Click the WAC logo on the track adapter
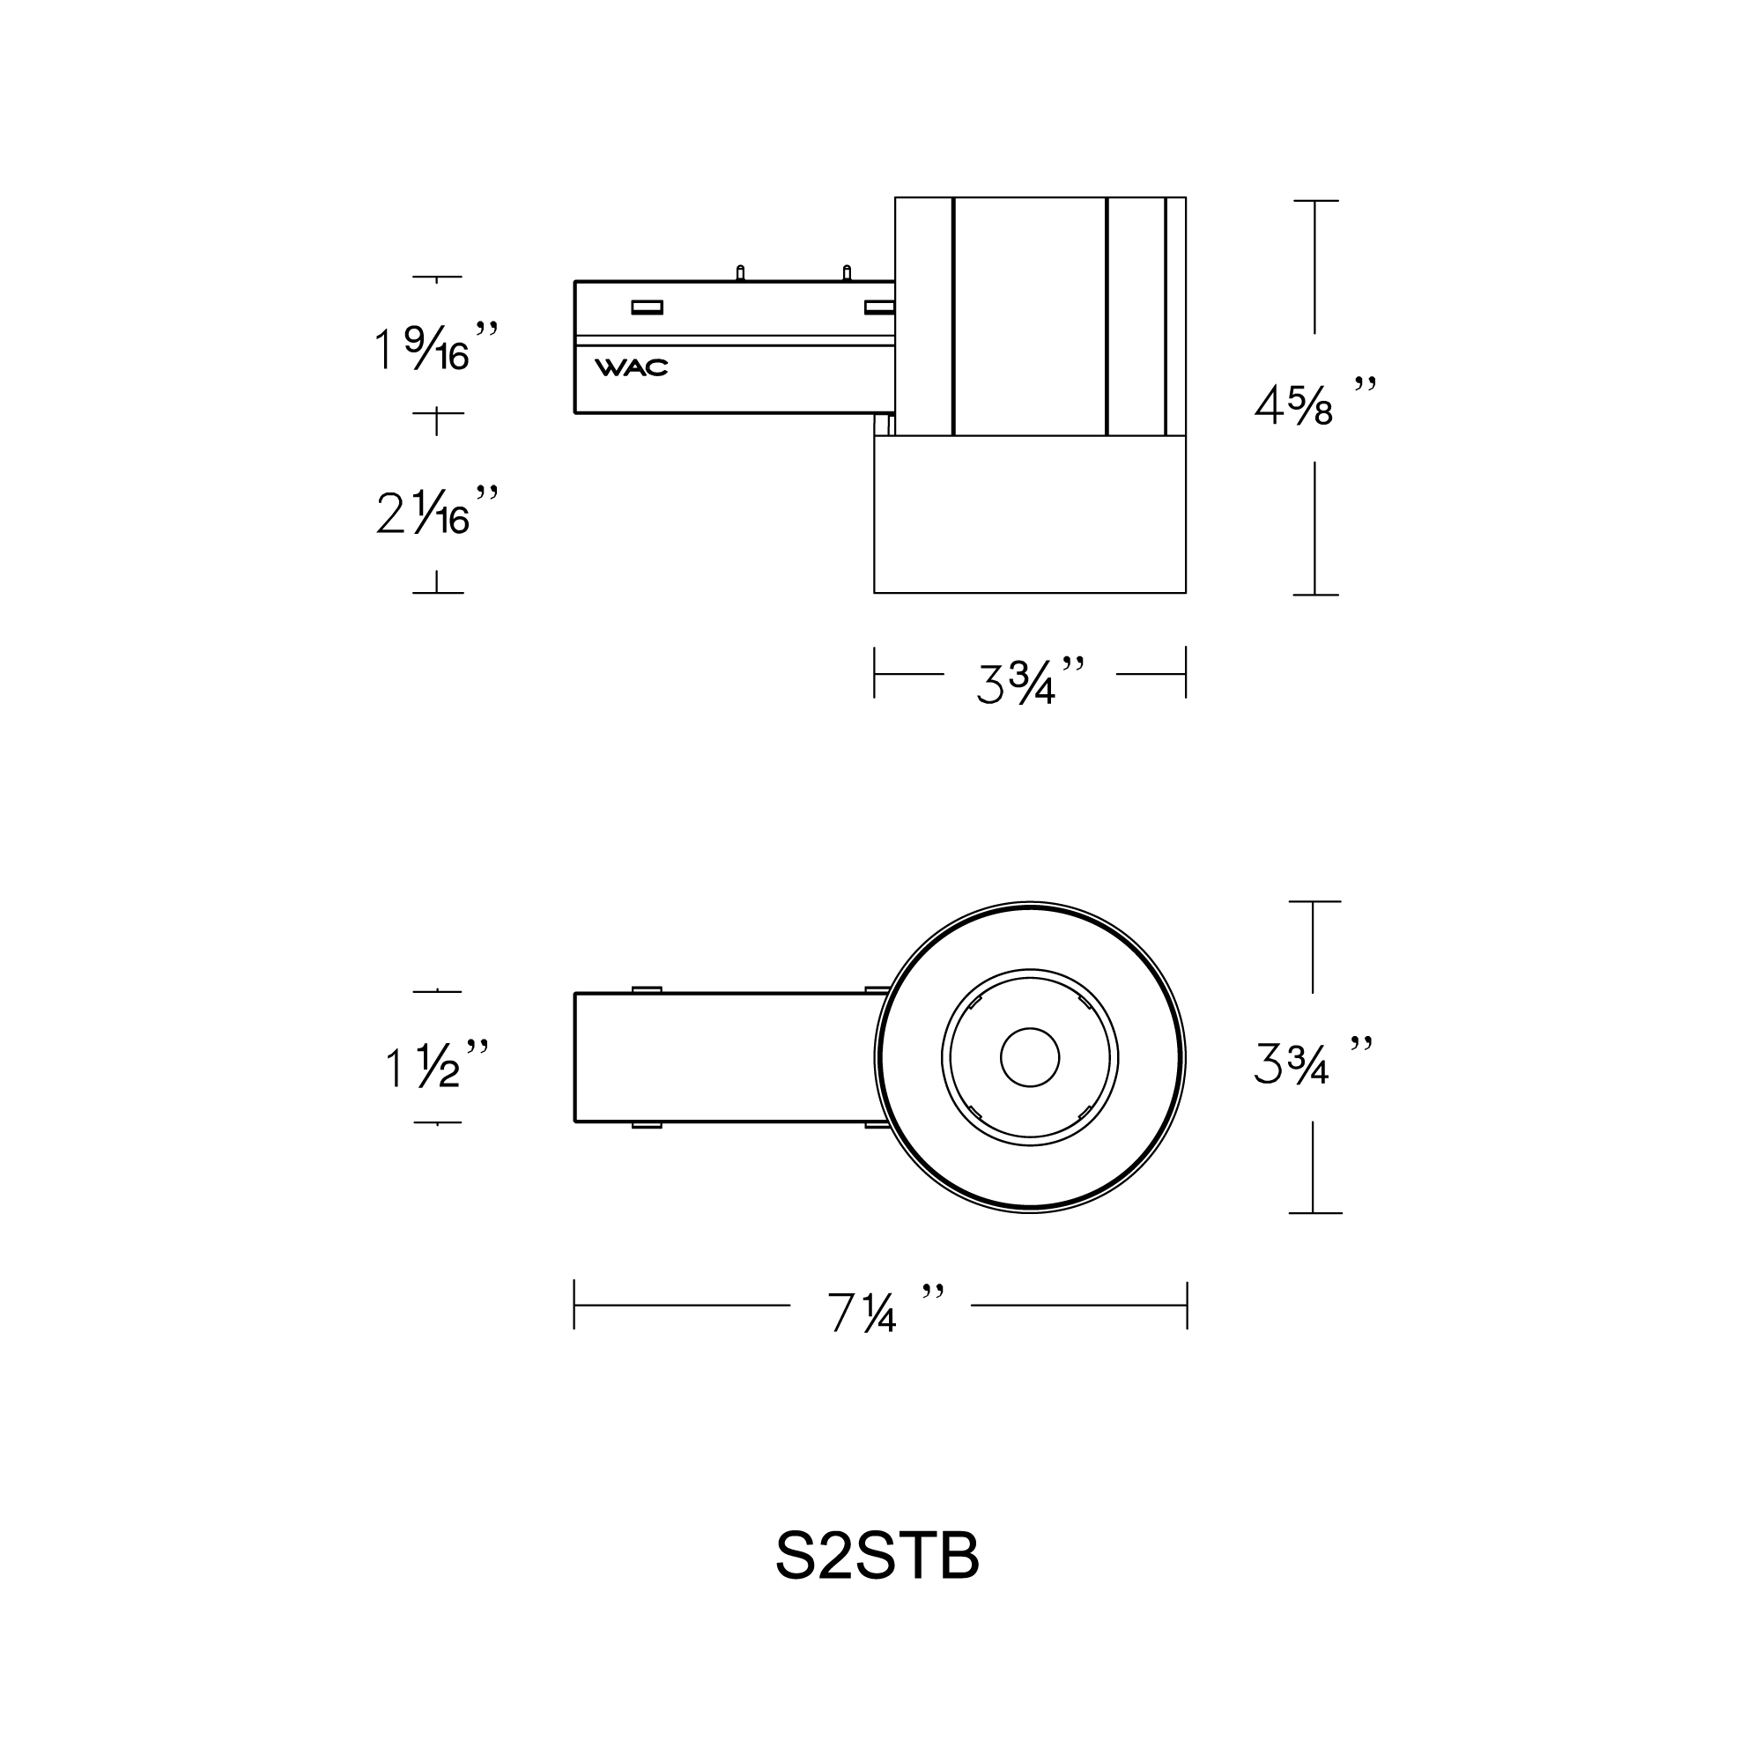[631, 367]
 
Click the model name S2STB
[877, 1556]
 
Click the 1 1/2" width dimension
[436, 1063]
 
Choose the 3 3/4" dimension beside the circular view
[1312, 1060]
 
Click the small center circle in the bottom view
[1030, 1058]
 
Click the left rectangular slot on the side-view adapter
[647, 307]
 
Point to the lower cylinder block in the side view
[1030, 515]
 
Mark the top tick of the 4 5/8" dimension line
[1314, 201]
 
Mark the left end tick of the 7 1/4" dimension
[574, 1305]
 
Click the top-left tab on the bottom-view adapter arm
[646, 989]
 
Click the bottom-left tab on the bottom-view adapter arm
[646, 1125]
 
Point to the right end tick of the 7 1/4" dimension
[1187, 1305]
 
